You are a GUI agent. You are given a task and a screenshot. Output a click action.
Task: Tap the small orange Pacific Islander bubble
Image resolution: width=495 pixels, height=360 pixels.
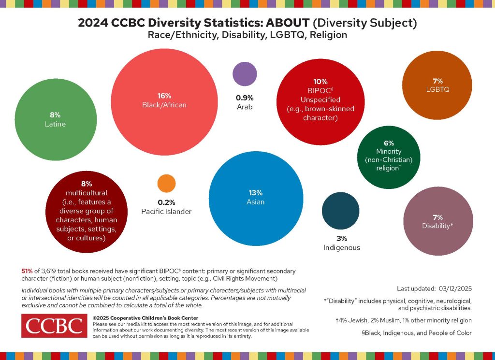(x=166, y=183)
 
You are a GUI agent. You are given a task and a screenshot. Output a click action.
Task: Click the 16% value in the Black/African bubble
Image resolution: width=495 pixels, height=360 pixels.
(x=164, y=96)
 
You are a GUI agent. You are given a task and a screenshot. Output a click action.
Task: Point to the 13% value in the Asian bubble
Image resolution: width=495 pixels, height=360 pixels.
(x=255, y=192)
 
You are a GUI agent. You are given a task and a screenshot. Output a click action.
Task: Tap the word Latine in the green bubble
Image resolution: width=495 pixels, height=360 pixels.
(x=55, y=124)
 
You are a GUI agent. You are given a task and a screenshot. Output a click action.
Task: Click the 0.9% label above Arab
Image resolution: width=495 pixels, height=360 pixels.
(x=245, y=97)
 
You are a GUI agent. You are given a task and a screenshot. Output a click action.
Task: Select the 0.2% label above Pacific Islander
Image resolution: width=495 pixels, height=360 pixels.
(x=166, y=202)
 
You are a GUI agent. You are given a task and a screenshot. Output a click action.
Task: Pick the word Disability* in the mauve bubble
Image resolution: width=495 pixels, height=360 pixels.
(x=437, y=226)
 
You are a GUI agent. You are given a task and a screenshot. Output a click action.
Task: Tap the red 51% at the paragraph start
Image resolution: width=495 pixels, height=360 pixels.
(x=27, y=271)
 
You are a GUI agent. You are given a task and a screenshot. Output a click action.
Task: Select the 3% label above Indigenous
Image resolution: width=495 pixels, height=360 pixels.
(x=341, y=238)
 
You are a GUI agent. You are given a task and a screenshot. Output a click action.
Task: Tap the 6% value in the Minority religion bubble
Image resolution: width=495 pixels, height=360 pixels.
(x=389, y=143)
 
